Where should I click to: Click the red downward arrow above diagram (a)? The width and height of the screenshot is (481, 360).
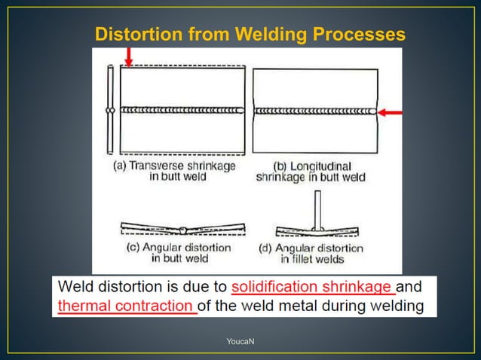(129, 56)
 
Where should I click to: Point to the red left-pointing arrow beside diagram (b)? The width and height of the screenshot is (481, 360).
(390, 112)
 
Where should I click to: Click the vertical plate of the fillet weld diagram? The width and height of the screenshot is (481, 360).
(318, 209)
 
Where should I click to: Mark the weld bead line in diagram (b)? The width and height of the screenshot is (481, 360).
(314, 111)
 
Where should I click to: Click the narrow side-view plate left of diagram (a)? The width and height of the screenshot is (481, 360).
(110, 110)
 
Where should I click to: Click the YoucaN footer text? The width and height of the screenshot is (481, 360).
(240, 342)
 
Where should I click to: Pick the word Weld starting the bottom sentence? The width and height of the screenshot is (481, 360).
(78, 288)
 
